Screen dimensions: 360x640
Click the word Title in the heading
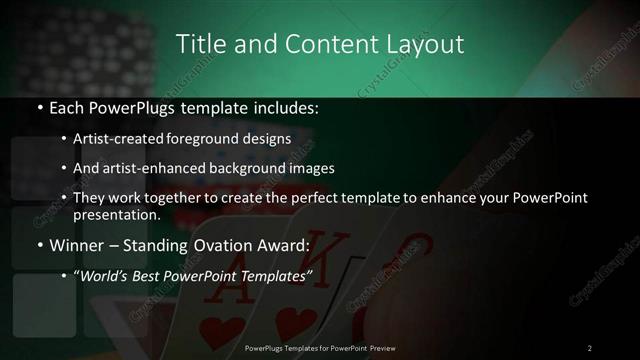pyautogui.click(x=200, y=44)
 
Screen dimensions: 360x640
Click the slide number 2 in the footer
pyautogui.click(x=590, y=347)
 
